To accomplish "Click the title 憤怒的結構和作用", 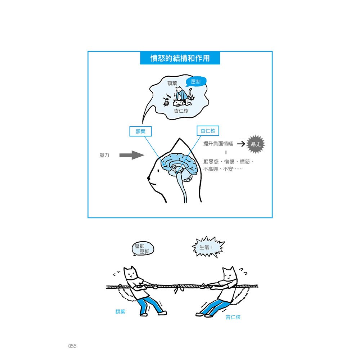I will pyautogui.click(x=180, y=58).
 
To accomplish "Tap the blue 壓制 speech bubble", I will pyautogui.click(x=196, y=82).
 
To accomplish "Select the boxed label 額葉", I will pyautogui.click(x=140, y=131).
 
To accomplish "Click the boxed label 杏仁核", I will pyautogui.click(x=208, y=131).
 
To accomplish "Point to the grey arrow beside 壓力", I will pyautogui.click(x=131, y=155).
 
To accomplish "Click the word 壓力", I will pyautogui.click(x=104, y=156).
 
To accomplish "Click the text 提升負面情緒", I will pyautogui.click(x=218, y=144).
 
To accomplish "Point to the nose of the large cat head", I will pyautogui.click(x=148, y=178).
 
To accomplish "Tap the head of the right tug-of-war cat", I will pyautogui.click(x=229, y=275).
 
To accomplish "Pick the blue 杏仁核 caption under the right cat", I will pyautogui.click(x=233, y=317).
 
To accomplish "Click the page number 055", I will pyautogui.click(x=72, y=346).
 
